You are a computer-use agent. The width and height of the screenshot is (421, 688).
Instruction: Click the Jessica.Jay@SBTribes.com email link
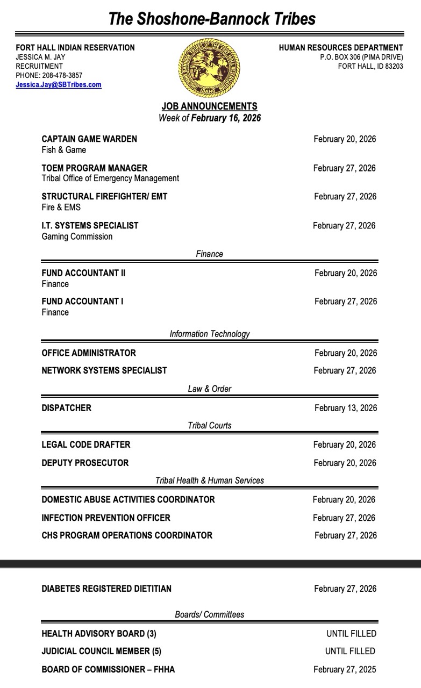click(x=59, y=85)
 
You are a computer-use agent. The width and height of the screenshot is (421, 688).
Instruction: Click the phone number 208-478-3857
click(x=63, y=76)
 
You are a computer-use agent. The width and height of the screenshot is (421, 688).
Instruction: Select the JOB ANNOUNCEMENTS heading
click(x=209, y=106)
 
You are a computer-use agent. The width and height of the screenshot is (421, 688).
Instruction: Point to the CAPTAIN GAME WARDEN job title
click(x=89, y=139)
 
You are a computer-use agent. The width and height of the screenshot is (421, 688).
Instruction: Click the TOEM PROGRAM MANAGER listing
click(x=94, y=168)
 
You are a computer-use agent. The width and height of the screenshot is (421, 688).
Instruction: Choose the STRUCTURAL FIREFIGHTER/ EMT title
click(x=104, y=197)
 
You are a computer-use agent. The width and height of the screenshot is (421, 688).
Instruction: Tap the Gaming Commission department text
click(x=77, y=236)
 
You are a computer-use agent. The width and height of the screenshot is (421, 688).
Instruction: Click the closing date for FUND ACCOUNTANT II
click(x=346, y=273)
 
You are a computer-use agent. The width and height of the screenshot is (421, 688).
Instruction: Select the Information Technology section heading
click(x=210, y=334)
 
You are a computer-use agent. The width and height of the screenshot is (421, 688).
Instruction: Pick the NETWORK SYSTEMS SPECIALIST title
click(x=104, y=370)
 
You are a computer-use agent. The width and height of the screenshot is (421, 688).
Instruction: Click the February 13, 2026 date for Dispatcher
click(x=346, y=408)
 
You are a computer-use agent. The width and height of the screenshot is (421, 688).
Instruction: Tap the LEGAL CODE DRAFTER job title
click(x=86, y=445)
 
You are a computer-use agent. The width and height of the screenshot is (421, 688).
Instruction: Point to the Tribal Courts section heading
click(x=210, y=426)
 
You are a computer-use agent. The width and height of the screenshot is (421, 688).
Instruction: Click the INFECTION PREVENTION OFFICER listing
click(x=106, y=518)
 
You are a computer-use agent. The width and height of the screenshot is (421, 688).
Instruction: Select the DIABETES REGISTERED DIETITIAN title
click(x=106, y=589)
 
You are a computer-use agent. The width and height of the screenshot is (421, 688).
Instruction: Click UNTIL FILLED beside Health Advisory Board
click(x=351, y=634)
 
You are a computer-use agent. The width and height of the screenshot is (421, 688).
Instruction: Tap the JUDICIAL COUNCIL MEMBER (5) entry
click(x=101, y=651)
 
